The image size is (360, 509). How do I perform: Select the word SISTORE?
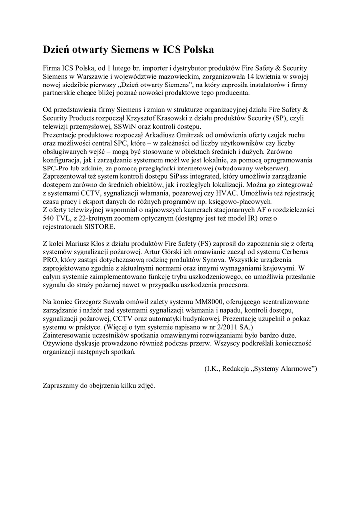(99, 227)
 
